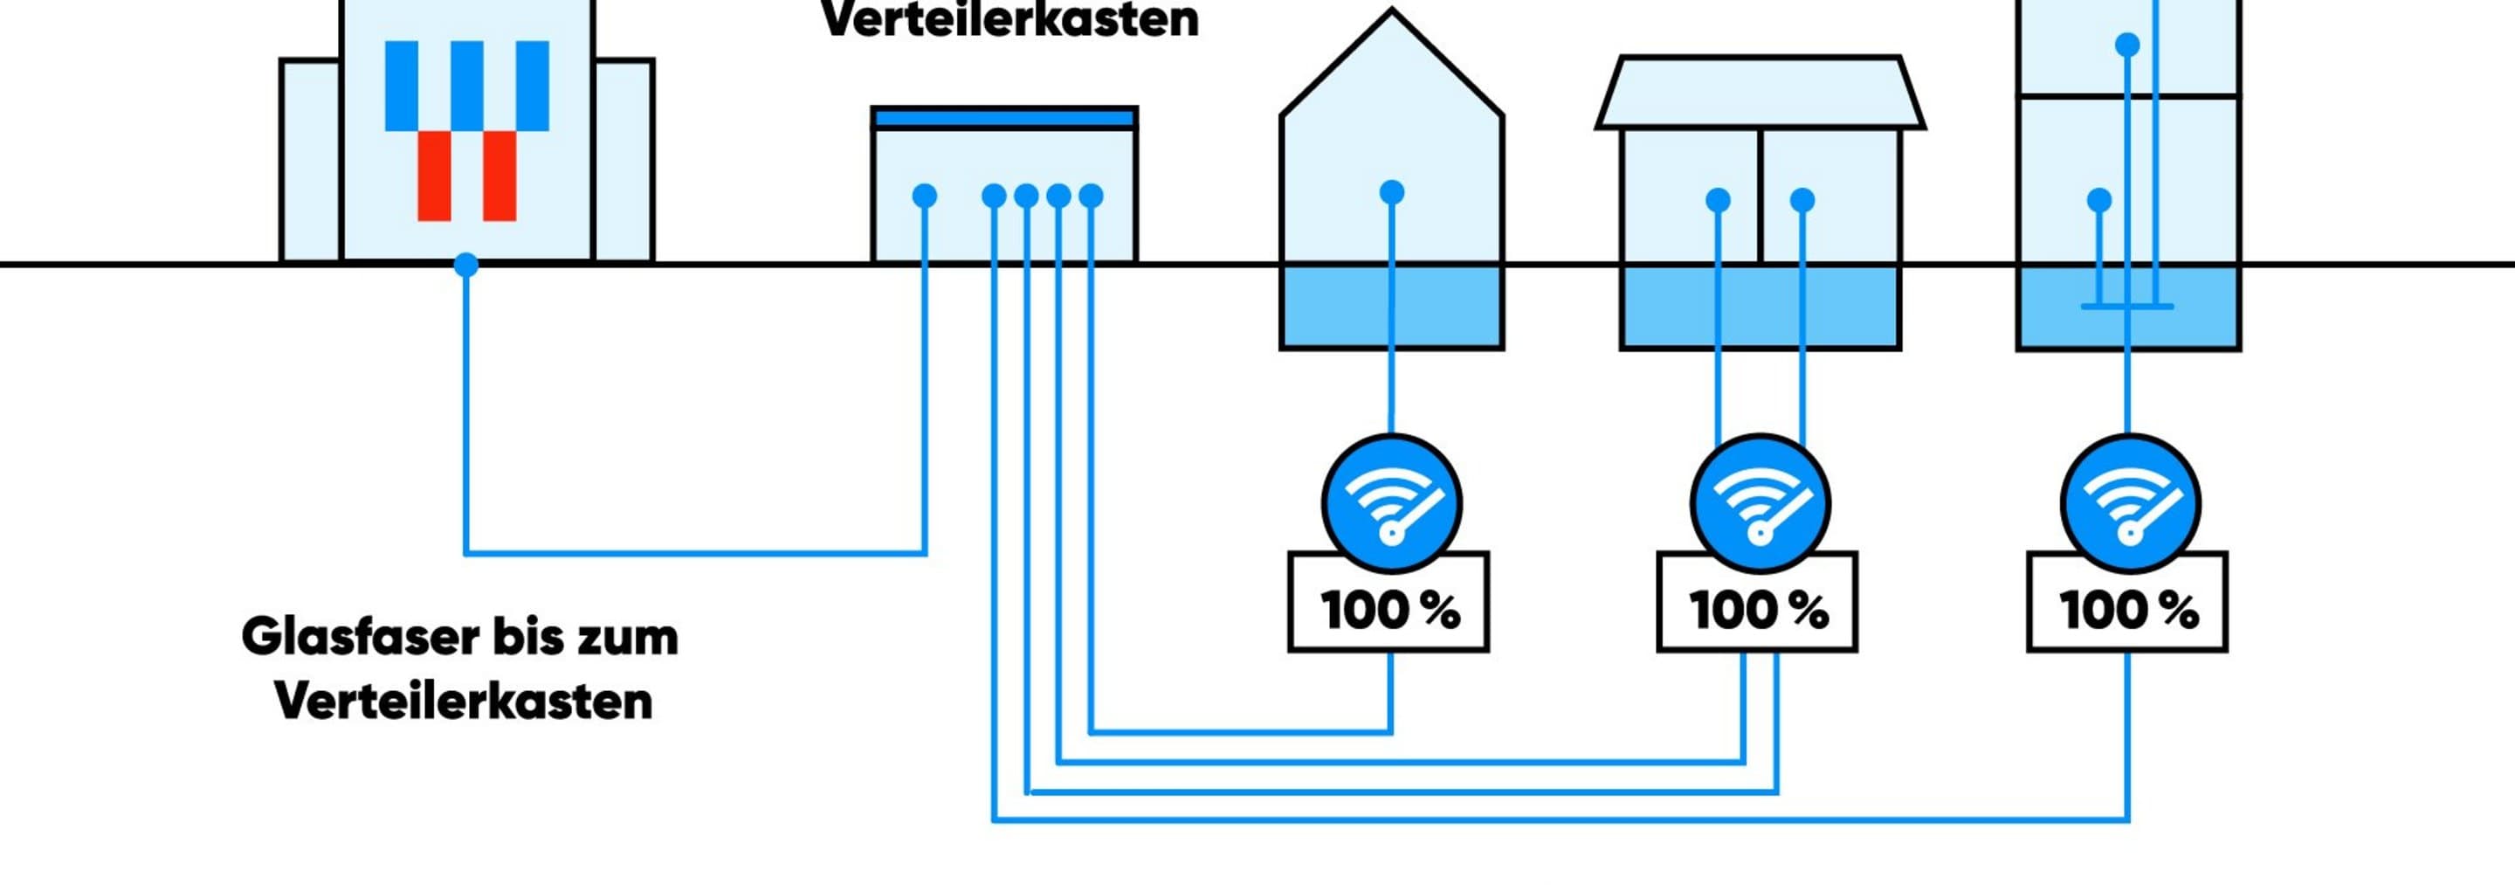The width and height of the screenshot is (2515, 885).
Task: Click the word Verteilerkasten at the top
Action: point(1009,19)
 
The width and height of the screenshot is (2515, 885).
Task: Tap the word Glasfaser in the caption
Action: point(359,637)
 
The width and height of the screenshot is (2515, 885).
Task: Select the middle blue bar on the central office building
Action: point(466,85)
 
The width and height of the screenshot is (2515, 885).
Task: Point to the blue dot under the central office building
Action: point(466,265)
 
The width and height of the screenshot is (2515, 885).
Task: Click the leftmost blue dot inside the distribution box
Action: point(925,197)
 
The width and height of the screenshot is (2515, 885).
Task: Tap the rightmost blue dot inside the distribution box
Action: point(1092,197)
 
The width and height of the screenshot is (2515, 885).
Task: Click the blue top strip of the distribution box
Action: point(1004,119)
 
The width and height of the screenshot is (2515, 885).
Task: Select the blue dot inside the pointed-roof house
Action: point(1392,192)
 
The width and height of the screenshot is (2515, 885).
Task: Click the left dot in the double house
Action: point(1719,200)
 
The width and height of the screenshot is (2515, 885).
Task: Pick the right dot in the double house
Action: point(1802,200)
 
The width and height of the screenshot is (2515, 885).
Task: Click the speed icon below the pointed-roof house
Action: point(1391,504)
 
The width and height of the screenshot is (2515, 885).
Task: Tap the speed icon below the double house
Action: point(1760,504)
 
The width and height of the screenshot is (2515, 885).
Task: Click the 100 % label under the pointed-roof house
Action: point(1389,611)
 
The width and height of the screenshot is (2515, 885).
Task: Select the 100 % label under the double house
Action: point(1757,611)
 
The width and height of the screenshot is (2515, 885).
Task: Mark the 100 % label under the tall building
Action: point(2127,611)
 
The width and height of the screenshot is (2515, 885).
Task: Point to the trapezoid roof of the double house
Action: point(1760,93)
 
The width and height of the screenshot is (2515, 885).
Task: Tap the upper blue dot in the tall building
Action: point(2127,45)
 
